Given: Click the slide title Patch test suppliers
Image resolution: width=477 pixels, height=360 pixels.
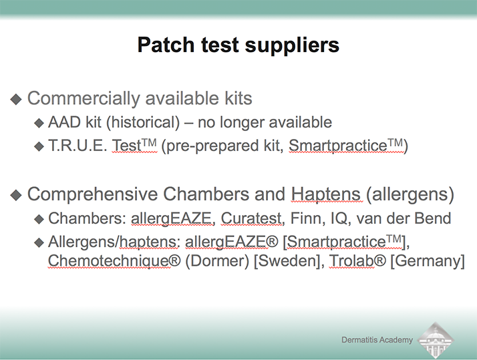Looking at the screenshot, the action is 238,45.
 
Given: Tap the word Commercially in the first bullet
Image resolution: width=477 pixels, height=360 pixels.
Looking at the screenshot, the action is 84,98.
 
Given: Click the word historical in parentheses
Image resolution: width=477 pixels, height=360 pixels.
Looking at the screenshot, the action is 143,122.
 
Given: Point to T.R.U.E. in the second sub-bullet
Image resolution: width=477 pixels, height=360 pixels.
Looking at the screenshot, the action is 77,146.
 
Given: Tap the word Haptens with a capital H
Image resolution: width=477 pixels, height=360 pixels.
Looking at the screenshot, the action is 326,194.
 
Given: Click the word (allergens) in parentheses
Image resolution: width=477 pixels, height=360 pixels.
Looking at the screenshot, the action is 410,194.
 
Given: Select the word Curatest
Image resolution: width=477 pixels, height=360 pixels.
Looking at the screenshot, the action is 252,218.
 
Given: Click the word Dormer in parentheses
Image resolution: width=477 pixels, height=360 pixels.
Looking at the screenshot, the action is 217,261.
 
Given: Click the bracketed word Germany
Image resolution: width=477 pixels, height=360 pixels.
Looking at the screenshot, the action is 428,261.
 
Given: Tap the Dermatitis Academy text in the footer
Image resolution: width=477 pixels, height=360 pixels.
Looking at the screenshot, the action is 377,339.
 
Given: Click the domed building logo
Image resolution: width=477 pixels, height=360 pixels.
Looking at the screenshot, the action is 436,341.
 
